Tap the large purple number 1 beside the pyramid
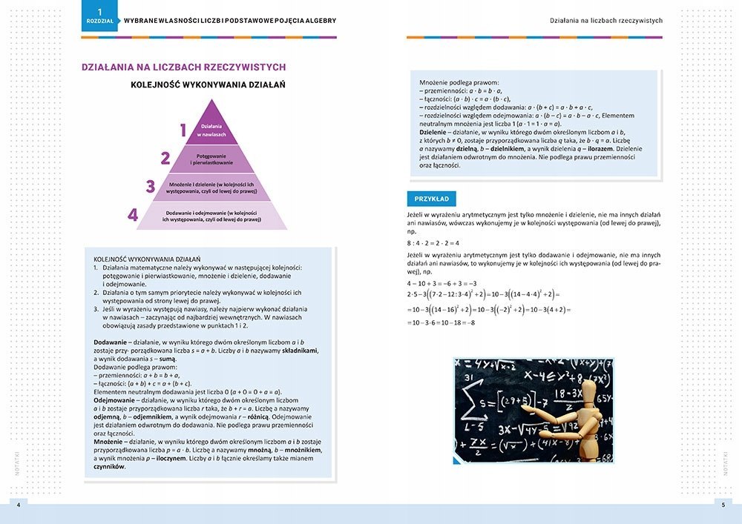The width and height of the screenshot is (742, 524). (x=183, y=130)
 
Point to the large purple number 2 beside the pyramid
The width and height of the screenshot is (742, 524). (x=165, y=158)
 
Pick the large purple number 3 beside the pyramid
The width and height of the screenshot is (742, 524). (x=150, y=186)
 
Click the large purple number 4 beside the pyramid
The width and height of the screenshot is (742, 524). (x=133, y=215)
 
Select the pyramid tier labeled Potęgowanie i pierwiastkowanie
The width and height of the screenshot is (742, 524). (x=211, y=158)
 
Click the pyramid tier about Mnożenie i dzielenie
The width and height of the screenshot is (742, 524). (x=211, y=186)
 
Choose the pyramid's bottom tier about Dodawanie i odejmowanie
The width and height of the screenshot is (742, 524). (x=211, y=216)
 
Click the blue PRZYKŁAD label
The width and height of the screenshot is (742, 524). (x=432, y=199)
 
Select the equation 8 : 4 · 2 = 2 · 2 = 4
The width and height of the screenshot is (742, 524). (x=433, y=242)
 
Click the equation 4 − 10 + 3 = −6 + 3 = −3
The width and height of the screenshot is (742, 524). (x=441, y=283)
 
